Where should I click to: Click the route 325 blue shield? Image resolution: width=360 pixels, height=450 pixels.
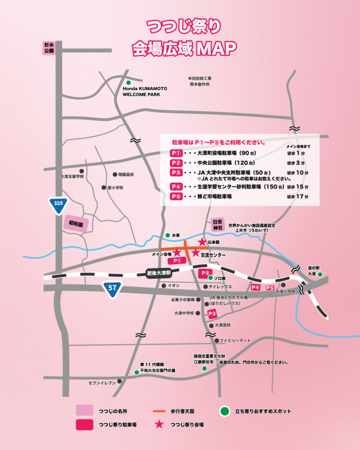58,204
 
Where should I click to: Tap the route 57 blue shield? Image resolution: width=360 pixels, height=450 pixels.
112,288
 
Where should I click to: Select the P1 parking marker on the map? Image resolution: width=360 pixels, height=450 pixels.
177,260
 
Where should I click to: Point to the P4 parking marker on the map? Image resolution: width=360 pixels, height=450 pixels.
255,287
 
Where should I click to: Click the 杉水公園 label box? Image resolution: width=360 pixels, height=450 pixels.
49,48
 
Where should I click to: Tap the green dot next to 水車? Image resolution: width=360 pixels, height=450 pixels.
167,236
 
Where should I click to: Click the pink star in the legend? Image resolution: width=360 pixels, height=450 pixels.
159,425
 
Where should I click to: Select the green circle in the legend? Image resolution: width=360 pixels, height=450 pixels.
224,411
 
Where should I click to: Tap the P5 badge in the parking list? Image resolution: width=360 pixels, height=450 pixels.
176,197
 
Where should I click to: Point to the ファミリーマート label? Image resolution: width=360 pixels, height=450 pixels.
235,340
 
